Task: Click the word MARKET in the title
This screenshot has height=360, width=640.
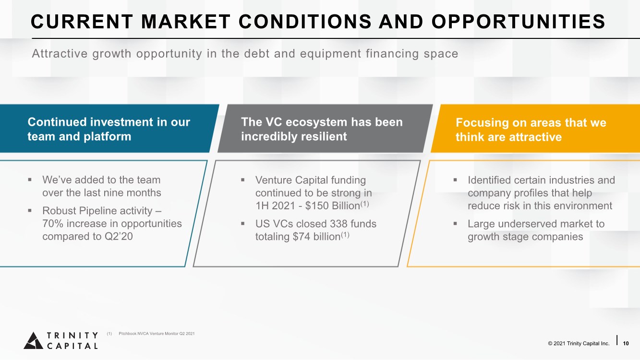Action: (x=186, y=22)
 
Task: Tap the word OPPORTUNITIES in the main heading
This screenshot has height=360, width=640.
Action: (x=518, y=22)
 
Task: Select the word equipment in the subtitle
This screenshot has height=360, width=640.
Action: (x=331, y=54)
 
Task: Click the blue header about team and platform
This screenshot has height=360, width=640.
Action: (x=109, y=129)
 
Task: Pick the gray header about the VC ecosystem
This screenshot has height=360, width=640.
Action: (x=325, y=129)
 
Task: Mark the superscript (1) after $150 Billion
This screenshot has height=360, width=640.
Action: (x=364, y=204)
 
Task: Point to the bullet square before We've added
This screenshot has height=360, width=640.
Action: (x=30, y=180)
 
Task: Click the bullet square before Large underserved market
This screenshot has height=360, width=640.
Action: (x=455, y=223)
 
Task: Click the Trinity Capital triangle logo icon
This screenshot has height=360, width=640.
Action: (x=34, y=340)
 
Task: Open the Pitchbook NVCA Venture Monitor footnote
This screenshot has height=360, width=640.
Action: (x=157, y=334)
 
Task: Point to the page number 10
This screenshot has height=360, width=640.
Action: (x=626, y=343)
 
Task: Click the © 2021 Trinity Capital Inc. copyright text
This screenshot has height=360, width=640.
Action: (x=579, y=343)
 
